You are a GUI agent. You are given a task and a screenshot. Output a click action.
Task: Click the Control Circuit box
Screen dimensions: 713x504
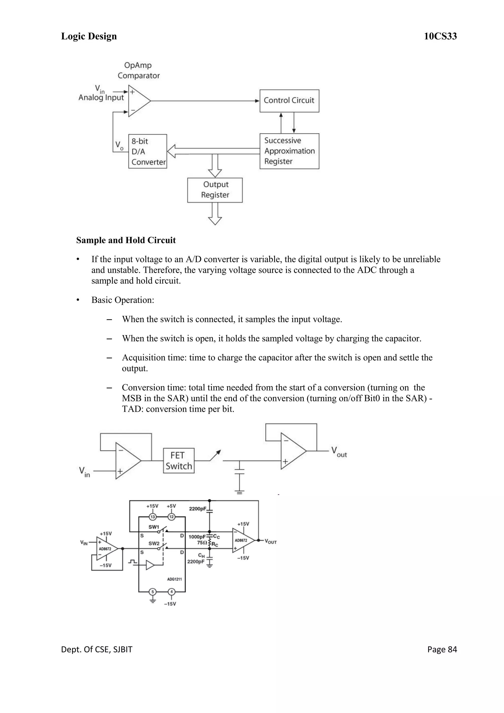click(x=289, y=101)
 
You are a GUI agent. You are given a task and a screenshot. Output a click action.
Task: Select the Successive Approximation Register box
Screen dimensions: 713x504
click(x=289, y=151)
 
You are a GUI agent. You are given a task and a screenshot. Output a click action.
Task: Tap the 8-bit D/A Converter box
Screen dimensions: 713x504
click(x=148, y=152)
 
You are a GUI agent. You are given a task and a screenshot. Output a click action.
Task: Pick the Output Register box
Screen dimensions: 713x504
click(x=215, y=190)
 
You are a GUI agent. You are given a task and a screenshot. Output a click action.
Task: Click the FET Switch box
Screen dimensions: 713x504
click(x=178, y=461)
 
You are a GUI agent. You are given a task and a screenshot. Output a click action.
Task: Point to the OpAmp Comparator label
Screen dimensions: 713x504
click(x=138, y=70)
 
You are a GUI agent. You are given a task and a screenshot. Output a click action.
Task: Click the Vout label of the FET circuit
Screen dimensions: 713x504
click(x=339, y=452)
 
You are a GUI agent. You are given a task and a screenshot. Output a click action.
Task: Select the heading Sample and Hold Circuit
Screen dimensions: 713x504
click(x=126, y=240)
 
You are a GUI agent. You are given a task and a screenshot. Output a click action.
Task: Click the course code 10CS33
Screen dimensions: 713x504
click(x=440, y=36)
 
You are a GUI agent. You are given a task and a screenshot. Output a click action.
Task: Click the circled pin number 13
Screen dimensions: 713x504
click(x=152, y=517)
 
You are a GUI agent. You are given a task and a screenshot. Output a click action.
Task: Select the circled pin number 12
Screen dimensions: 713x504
click(x=171, y=517)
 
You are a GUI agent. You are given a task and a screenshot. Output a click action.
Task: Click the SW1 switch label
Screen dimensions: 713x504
click(x=154, y=527)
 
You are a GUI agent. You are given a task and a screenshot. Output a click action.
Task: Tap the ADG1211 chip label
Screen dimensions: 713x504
click(x=174, y=579)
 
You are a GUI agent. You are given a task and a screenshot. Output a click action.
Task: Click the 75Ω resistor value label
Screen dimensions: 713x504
click(x=202, y=543)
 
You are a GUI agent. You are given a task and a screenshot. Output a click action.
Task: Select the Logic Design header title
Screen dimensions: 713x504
click(x=89, y=36)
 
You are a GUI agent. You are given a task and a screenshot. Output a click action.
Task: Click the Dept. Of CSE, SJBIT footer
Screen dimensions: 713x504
click(x=96, y=649)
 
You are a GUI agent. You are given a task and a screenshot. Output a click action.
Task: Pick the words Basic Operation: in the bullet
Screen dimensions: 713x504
click(x=123, y=300)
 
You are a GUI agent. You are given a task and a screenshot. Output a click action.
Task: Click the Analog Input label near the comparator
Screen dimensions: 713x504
click(x=101, y=97)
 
